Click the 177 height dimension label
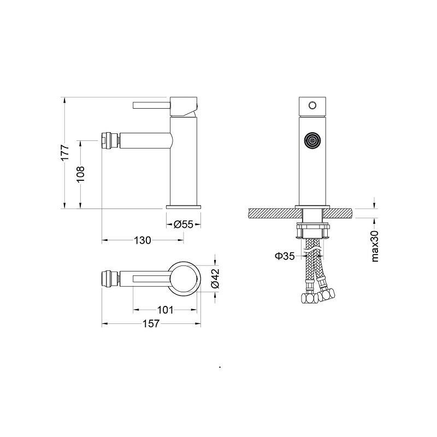coord(64,152)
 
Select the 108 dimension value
coord(80,174)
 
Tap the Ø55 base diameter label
coord(183,224)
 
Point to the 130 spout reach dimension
coord(143,240)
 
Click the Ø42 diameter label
coord(215,278)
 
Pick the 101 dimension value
coord(166,310)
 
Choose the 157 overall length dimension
coord(151,323)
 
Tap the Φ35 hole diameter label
coord(285,256)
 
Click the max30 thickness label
coord(375,246)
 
